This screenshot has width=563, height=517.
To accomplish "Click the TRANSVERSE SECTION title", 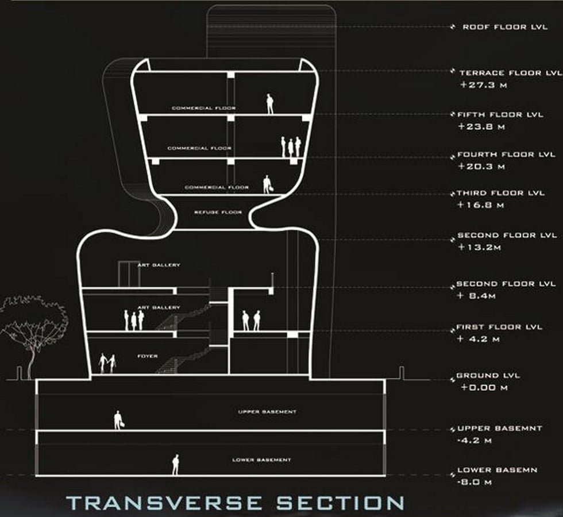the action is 235,503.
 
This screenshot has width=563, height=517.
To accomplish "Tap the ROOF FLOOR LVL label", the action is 505,27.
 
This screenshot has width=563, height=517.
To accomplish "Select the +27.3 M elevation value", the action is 483,85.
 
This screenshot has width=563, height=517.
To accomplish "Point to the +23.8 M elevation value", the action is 481,127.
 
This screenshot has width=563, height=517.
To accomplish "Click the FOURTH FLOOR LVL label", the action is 506,155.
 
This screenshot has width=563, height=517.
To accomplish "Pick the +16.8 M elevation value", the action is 480,205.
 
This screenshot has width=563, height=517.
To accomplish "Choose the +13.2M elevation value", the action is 479,248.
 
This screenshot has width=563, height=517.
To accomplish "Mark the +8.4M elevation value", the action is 476,296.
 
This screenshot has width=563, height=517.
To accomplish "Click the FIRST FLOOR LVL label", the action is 499,327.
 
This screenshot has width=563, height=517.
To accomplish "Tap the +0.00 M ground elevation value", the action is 484,388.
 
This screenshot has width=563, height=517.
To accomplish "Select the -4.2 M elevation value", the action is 475,441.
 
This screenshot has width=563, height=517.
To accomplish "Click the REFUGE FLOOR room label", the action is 218,212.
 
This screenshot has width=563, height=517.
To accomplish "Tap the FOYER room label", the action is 148,356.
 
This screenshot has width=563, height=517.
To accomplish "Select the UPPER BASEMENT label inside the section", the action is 268,412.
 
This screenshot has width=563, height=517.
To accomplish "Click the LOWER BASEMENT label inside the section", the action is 262,460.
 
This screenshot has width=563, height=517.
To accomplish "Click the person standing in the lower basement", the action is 176,465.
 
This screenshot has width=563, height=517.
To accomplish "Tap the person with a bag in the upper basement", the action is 118,420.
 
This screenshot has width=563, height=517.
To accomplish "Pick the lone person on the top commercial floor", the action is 269,104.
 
